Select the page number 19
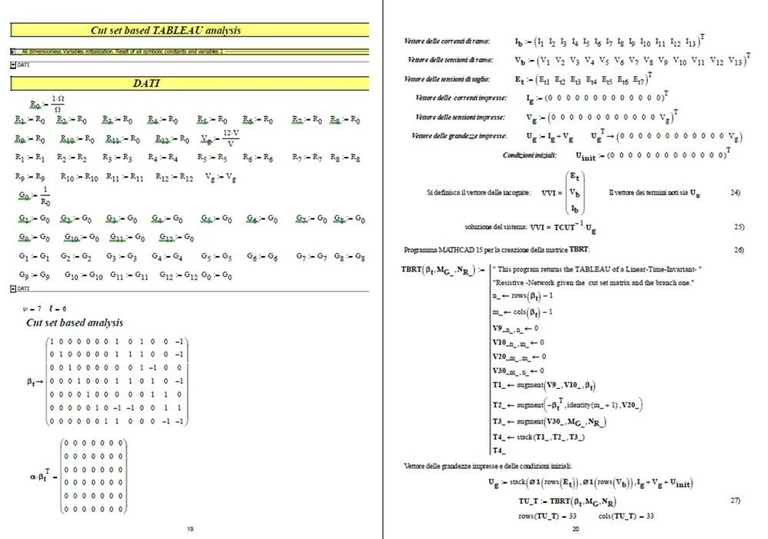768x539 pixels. (x=190, y=528)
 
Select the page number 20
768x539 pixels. (x=575, y=528)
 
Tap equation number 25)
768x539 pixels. (x=739, y=227)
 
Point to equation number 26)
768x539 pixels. (x=739, y=250)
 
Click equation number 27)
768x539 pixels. (x=735, y=500)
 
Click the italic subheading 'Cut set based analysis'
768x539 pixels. (x=75, y=322)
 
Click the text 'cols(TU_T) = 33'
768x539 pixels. (x=626, y=514)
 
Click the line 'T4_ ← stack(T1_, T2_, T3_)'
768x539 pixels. (x=540, y=437)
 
